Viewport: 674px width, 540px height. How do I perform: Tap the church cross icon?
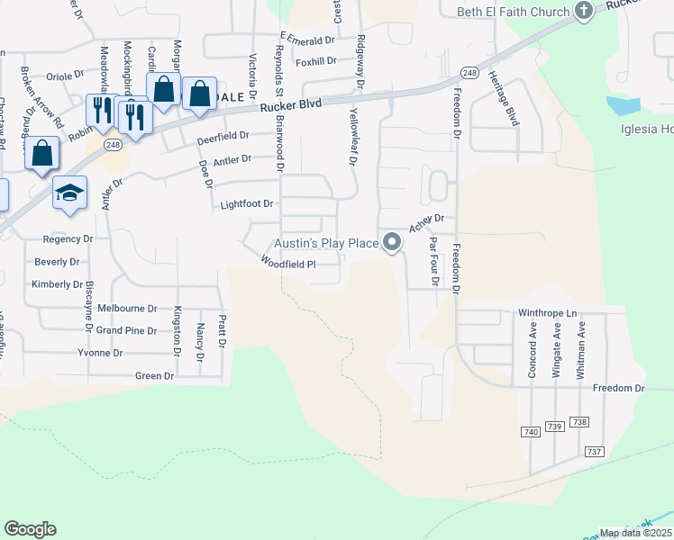point(584,11)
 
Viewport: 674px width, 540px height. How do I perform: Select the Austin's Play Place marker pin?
point(392,243)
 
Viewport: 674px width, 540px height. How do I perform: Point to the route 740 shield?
point(530,433)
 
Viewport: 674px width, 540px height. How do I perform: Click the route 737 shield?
point(593,451)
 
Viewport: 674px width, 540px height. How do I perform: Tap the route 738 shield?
point(579,422)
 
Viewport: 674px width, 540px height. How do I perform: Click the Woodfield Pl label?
point(287,264)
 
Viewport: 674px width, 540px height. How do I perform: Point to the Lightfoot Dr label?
point(247,204)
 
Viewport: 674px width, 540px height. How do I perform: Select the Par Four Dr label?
point(434,262)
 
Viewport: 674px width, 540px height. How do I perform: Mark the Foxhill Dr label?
point(315,61)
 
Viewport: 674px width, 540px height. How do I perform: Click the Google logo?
point(30,529)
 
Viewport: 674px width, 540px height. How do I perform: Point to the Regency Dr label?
point(68,239)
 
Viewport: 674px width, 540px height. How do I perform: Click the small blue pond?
point(623,106)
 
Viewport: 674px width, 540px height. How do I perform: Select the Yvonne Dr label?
point(100,353)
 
